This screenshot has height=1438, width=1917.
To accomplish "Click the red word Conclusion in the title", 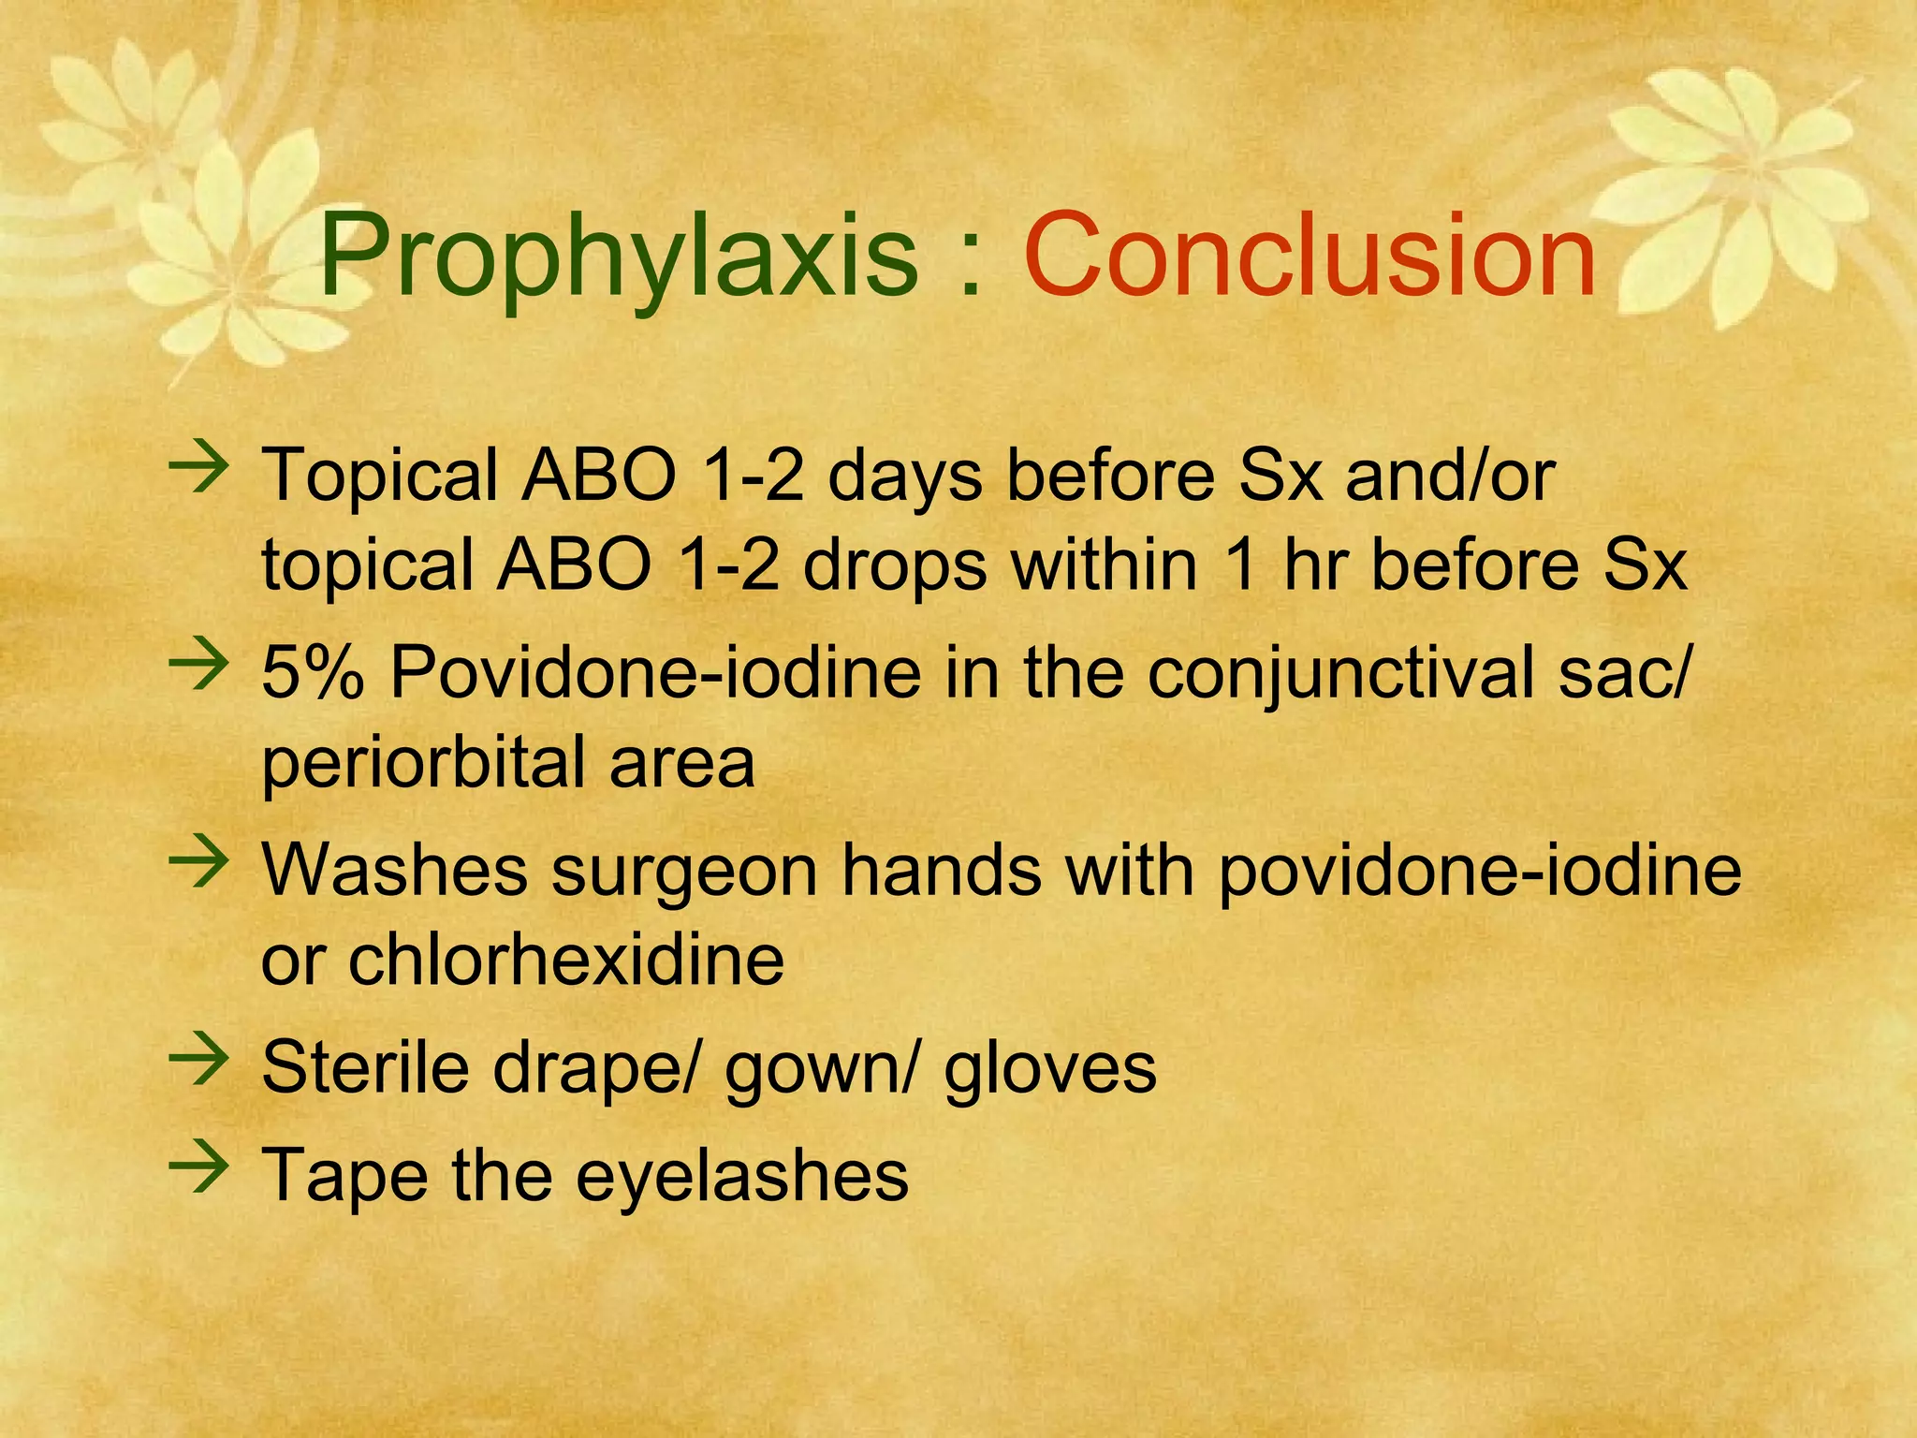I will click(1310, 255).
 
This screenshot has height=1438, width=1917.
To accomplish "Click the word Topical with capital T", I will click(380, 476).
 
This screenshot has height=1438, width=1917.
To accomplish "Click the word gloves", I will click(1050, 1069).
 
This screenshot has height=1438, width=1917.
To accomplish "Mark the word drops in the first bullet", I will click(895, 567).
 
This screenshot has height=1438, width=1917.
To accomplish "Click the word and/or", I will click(1449, 476).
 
